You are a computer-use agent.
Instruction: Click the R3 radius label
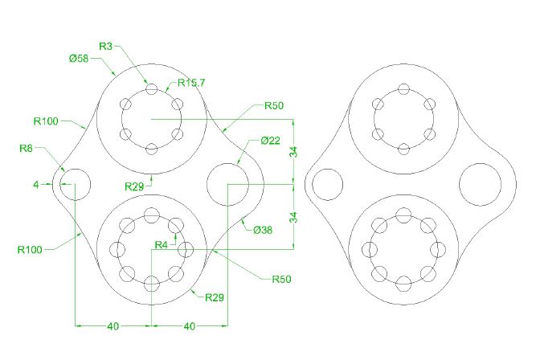click(106, 47)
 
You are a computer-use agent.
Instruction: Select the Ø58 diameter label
click(79, 59)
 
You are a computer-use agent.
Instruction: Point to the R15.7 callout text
click(192, 83)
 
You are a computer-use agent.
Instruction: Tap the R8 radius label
click(27, 148)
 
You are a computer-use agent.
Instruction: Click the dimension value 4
click(36, 185)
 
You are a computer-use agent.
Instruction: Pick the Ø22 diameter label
click(270, 141)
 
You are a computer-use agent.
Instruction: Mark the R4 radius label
click(162, 244)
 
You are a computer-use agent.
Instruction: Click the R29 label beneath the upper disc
click(135, 186)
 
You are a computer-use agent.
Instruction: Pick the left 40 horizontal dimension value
click(113, 326)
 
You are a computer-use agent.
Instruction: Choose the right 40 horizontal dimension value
click(190, 326)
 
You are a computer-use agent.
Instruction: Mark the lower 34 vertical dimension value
click(294, 217)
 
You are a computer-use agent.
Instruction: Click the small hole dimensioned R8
click(74, 184)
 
